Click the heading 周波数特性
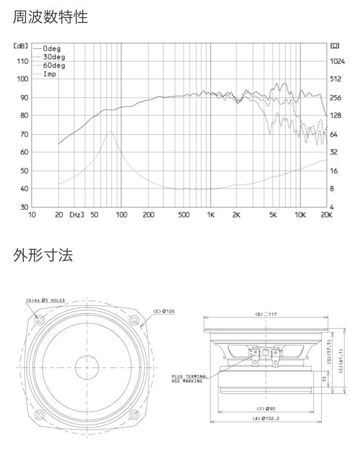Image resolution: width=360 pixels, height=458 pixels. coord(50,17)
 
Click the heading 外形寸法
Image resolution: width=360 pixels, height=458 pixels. coord(43,255)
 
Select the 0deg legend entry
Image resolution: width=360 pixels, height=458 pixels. coord(47,48)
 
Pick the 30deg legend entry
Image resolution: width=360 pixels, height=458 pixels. coord(49,57)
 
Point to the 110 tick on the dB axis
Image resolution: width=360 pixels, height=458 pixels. coord(22,61)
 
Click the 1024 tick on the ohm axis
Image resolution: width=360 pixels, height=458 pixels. coord(337,61)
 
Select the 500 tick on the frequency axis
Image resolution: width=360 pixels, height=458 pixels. coord(184,215)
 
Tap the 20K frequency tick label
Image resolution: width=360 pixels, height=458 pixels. coord(326,215)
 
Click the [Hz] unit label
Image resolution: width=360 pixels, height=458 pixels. coord(76,215)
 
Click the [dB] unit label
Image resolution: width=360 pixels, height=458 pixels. coord(21,46)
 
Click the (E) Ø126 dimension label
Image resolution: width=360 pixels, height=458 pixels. coord(164,311)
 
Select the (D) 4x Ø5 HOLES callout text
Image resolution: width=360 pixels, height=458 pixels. coord(45,300)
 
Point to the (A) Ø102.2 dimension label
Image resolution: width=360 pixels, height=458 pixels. coord(266,419)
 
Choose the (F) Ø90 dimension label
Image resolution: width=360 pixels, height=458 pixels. coord(266,409)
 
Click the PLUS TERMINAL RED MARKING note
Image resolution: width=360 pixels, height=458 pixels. coord(189,379)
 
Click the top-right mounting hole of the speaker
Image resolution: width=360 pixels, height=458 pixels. coord(134,321)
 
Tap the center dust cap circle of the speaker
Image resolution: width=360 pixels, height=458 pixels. coord(87,368)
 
